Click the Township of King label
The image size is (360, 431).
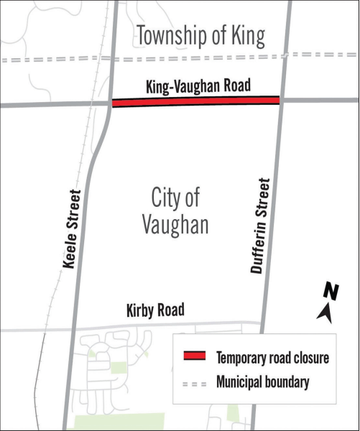(200, 35)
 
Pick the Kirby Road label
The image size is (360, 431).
(154, 310)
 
